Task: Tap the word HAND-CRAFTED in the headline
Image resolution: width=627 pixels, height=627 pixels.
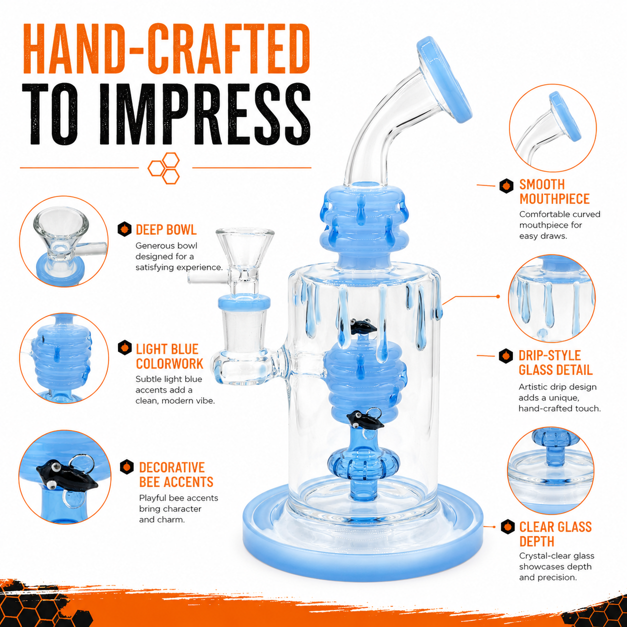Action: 166,49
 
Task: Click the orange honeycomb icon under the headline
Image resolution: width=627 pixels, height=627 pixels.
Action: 163,168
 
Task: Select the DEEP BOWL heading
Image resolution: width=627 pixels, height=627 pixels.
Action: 166,229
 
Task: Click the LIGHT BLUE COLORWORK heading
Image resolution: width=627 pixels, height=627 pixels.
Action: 169,356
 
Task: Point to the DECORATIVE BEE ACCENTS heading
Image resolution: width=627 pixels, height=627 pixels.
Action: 176,474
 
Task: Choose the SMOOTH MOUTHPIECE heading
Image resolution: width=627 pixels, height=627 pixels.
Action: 554,191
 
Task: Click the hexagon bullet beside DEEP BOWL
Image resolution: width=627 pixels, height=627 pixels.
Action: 124,229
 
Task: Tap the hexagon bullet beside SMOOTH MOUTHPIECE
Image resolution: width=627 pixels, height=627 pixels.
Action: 506,186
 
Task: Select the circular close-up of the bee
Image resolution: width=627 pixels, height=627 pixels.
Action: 64,477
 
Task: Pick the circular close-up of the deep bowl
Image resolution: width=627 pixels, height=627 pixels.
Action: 64,241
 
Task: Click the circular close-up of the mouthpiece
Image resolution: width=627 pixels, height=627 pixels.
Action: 553,128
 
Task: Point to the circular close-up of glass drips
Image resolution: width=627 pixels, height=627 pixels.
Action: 552,298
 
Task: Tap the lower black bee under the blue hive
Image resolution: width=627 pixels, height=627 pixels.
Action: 363,419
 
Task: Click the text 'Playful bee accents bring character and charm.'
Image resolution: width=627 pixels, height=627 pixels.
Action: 178,508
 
